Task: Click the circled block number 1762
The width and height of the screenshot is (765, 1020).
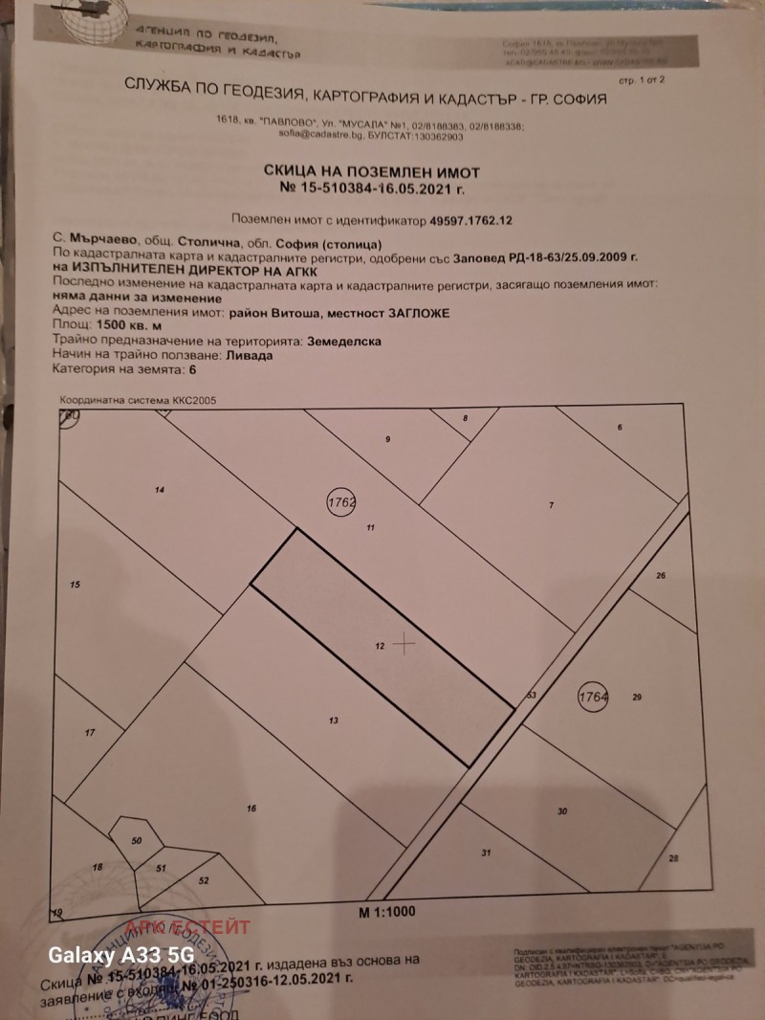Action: [341, 502]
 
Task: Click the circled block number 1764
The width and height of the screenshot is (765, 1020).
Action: [593, 697]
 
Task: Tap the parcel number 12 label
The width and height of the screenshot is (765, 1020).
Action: [380, 648]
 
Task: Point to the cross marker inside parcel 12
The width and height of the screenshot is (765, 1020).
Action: [405, 644]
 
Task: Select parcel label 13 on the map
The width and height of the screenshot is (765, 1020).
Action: [333, 720]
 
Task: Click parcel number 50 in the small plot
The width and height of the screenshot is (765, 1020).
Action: [136, 839]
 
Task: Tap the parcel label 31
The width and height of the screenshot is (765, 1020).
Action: [486, 853]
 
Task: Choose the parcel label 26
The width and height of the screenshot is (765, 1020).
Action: [660, 575]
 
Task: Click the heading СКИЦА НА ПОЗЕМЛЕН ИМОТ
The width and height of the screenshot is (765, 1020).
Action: [371, 170]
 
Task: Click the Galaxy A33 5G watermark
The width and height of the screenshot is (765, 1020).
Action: [121, 956]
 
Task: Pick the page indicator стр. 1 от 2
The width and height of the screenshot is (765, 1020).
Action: [654, 84]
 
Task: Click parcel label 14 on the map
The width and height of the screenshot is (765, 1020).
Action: [160, 490]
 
